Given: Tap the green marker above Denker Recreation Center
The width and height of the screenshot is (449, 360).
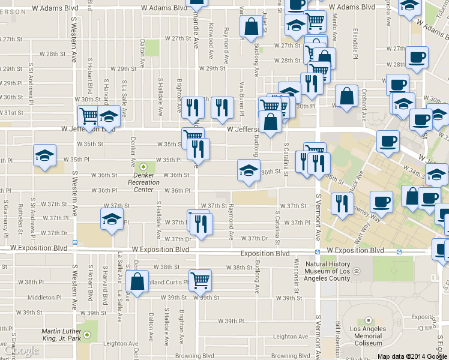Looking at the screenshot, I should [143, 166].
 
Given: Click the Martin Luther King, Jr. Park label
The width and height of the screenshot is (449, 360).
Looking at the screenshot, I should [61, 334].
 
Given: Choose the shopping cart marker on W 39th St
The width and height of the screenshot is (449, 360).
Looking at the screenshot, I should [200, 279].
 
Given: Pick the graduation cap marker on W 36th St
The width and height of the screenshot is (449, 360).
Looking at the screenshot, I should [249, 170].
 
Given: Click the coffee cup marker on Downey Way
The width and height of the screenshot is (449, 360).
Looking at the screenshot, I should [381, 200].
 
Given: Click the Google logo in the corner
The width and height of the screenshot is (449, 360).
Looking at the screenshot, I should [21, 351].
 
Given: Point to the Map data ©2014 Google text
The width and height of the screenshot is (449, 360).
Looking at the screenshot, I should [412, 356].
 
